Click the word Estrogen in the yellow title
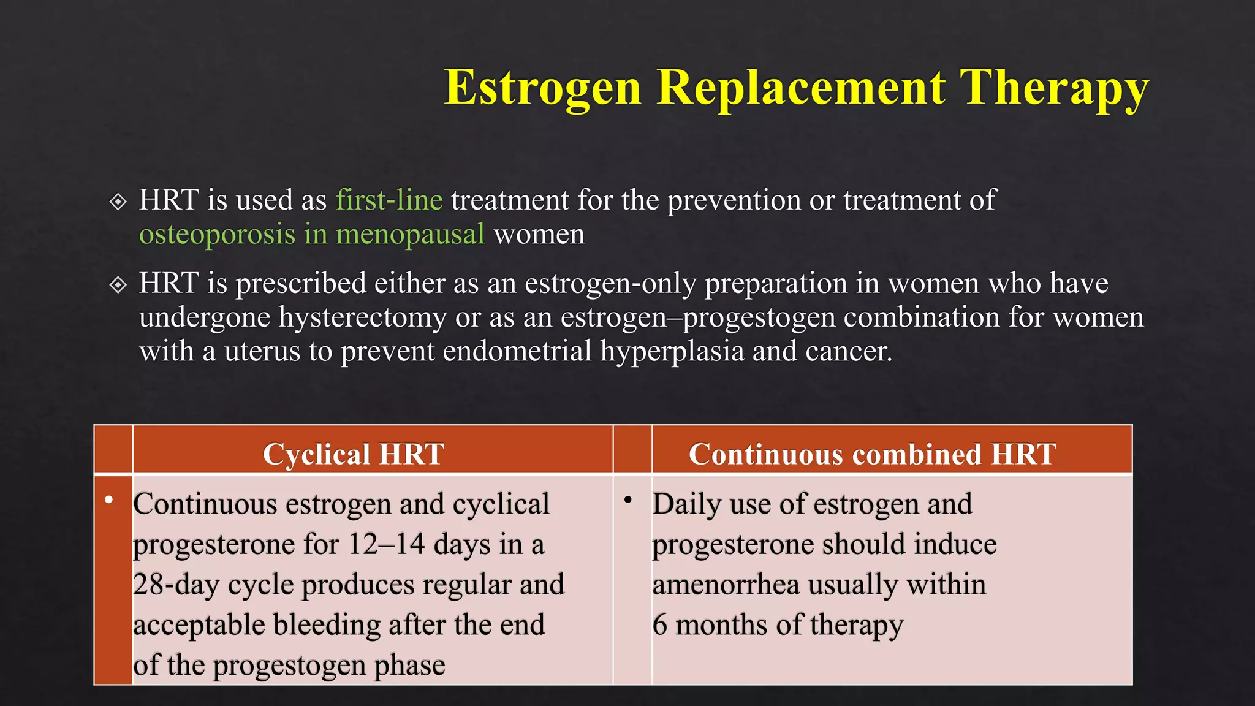point(542,88)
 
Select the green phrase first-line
point(389,200)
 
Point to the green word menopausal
point(410,235)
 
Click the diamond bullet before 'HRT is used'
point(118,202)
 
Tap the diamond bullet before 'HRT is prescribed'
point(118,285)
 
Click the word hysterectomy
point(362,317)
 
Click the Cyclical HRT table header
point(353,454)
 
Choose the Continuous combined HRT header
point(872,454)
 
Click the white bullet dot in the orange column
point(109,500)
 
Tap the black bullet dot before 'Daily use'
point(628,500)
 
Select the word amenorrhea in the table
point(726,585)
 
